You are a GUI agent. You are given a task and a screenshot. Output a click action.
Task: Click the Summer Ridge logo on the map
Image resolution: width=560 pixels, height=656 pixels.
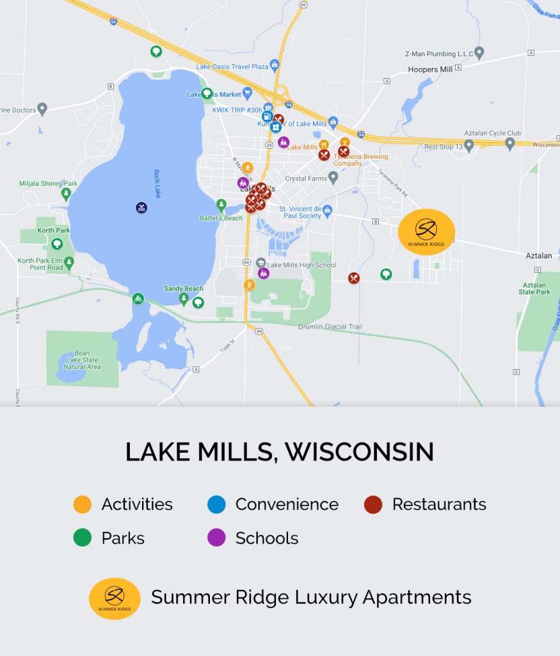pos(426,232)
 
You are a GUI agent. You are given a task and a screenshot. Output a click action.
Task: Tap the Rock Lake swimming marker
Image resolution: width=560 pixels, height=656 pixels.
pos(141,208)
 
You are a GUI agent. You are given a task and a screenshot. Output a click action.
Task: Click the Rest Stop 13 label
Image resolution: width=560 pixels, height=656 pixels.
pos(439,147)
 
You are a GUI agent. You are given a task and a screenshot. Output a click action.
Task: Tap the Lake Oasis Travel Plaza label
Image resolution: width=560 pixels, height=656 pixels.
pos(232,67)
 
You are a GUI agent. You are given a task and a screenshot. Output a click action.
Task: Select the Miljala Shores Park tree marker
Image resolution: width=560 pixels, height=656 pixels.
pos(66,193)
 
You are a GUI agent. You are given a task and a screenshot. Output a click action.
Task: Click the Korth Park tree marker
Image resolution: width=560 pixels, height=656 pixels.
pos(57,244)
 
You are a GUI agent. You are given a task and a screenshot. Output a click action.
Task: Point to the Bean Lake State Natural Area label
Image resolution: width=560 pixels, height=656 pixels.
pos(82,360)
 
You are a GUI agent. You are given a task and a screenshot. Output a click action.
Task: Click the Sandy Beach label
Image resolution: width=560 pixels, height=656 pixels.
pos(183,289)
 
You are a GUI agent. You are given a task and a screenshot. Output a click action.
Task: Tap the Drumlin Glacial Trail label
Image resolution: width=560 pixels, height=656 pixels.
pos(330,327)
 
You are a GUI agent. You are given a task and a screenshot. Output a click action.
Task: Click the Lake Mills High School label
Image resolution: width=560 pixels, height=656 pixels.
pos(301,265)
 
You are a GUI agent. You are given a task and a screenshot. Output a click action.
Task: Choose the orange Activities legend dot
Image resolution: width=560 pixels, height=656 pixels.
pos(83,505)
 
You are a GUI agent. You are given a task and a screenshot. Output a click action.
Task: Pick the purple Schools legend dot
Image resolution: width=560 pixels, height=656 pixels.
pos(216,538)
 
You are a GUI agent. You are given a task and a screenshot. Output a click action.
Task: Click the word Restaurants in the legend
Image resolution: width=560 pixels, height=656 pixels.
pos(439,505)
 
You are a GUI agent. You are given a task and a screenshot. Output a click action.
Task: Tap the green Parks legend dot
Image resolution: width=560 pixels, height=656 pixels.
pos(83,538)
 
